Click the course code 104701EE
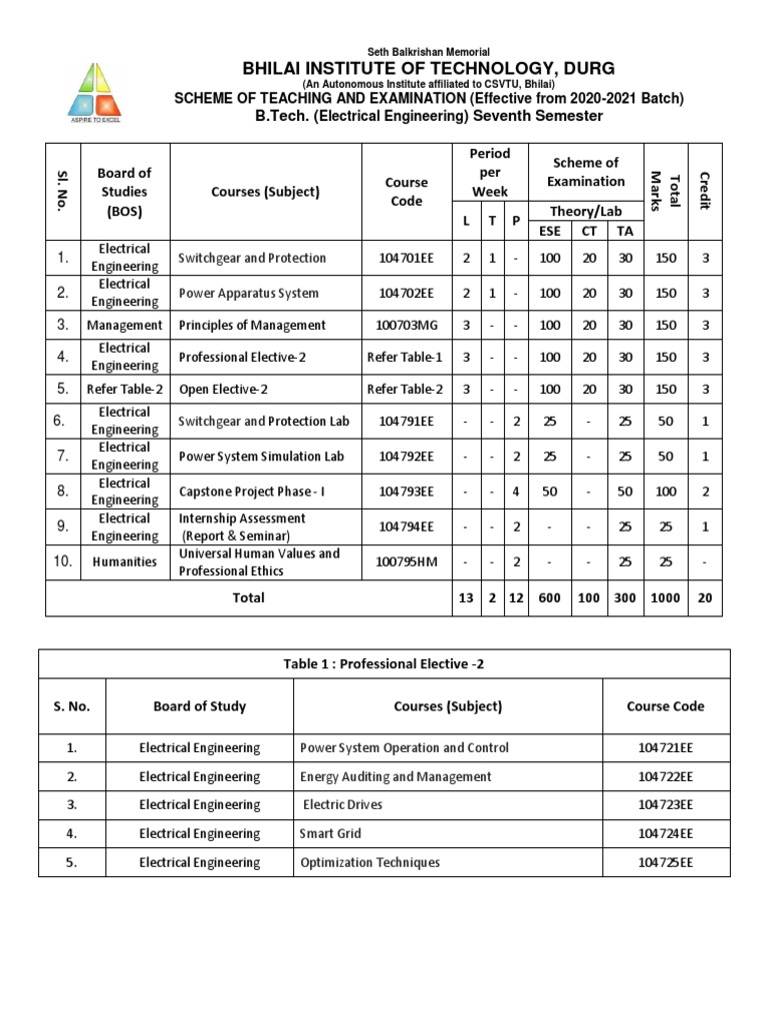point(408,258)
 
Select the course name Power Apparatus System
point(249,293)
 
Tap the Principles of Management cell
point(252,325)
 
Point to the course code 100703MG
point(408,325)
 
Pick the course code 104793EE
point(408,492)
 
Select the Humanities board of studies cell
point(124,561)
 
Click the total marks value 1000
point(665,597)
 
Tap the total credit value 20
point(705,597)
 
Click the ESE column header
point(550,231)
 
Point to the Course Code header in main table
point(406,192)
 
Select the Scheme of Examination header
point(585,172)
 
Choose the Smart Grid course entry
point(331,833)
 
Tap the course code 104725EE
point(665,862)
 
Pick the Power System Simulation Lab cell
point(261,457)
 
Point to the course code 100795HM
point(406,561)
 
